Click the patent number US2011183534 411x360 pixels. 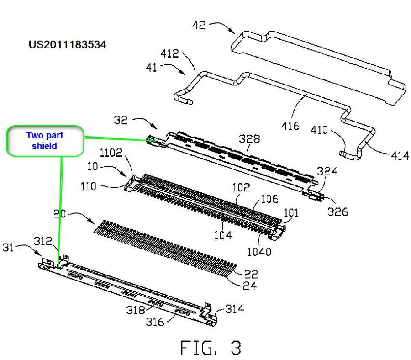[67, 45]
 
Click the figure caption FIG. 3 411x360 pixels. [211, 348]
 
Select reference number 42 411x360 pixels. [198, 26]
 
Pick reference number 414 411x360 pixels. [400, 156]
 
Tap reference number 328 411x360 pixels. [251, 139]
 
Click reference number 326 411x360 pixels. [338, 212]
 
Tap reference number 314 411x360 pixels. [235, 309]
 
